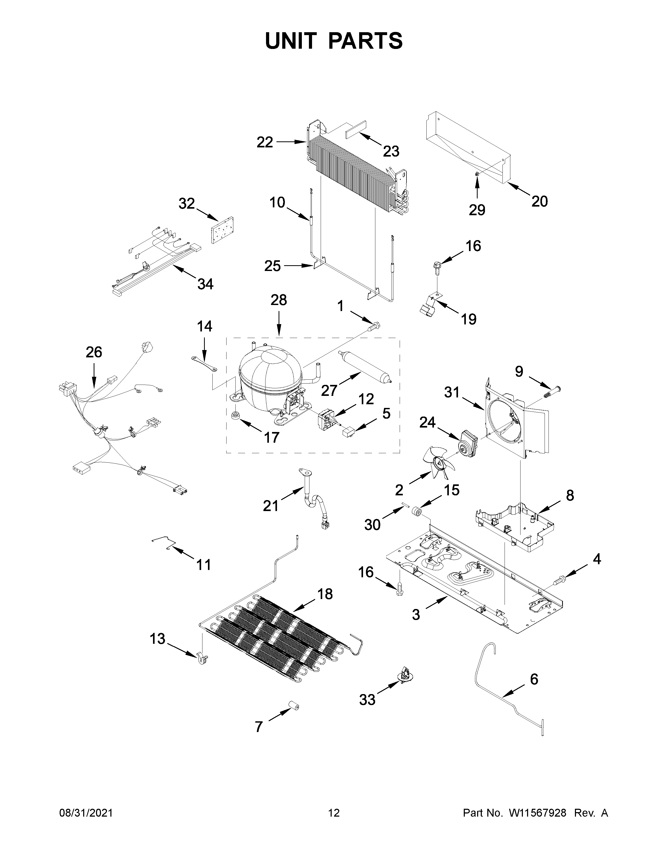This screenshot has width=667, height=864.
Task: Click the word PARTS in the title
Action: point(365,41)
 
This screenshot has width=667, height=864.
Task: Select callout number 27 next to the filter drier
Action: point(329,390)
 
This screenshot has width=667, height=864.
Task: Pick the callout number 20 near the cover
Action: point(539,201)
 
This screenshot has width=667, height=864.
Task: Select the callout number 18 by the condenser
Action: point(325,605)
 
